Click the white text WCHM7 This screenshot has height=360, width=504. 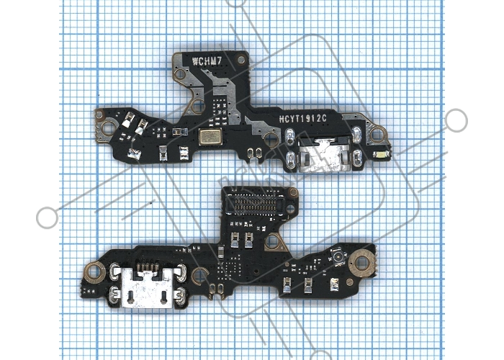tap(207, 61)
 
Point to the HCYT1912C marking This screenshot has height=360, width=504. tap(303, 119)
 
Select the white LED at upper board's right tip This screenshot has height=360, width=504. tap(381, 155)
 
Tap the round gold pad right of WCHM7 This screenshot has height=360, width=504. tap(240, 59)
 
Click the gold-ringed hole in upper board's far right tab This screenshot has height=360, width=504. tap(377, 134)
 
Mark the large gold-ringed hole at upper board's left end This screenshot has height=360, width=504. tap(108, 128)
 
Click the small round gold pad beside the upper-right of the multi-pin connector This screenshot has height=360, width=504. tap(293, 192)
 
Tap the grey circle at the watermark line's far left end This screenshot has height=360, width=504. tap(48, 217)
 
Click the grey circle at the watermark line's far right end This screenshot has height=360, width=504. tap(456, 120)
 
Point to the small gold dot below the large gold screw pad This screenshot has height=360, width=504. tap(349, 282)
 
